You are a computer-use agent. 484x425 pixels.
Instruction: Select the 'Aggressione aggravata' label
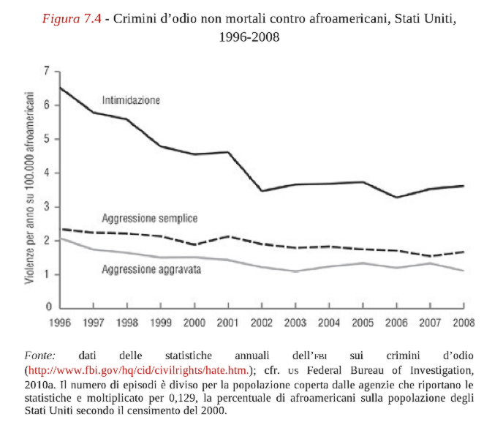click(x=151, y=270)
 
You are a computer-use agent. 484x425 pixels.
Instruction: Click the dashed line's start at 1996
click(x=59, y=229)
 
